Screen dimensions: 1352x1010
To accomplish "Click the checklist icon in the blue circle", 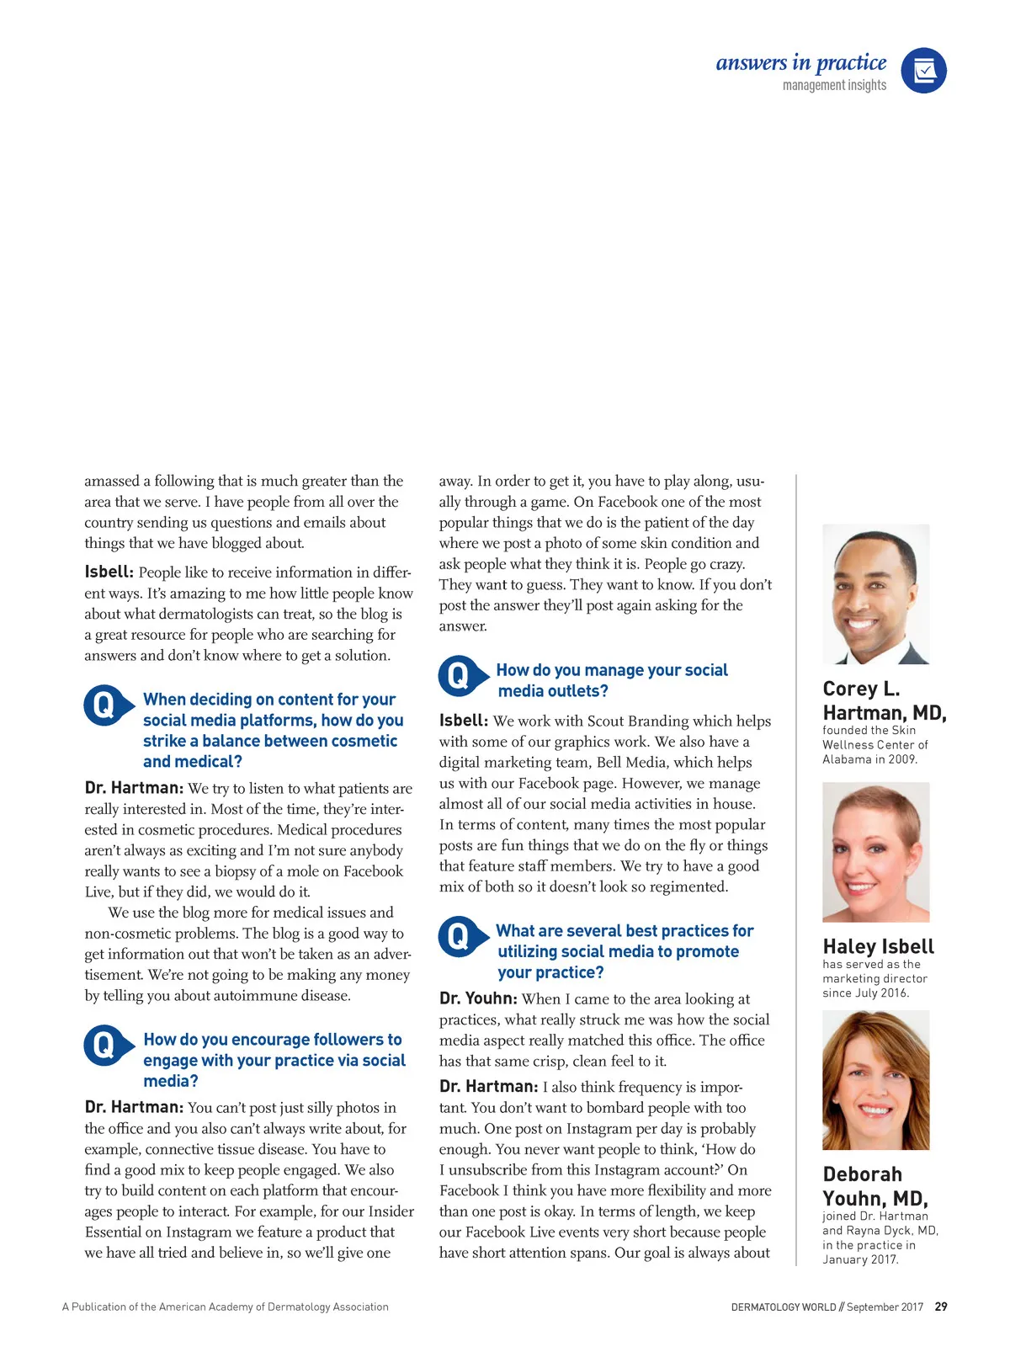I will (923, 70).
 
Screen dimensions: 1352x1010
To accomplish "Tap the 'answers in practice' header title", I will (800, 63).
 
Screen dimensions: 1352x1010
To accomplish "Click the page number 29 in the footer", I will (941, 1307).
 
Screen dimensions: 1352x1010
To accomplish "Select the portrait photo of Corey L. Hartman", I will (875, 594).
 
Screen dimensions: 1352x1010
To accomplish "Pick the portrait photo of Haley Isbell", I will (875, 852).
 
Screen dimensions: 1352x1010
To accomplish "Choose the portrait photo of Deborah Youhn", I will (875, 1080).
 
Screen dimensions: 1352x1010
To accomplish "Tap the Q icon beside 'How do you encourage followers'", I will (104, 1046).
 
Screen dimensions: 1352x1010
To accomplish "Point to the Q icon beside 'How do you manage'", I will (459, 676).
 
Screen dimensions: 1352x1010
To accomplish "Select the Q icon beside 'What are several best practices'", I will (459, 936).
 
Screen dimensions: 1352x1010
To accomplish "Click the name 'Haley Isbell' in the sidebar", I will (878, 946).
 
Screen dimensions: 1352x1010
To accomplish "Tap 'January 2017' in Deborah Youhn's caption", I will (860, 1259).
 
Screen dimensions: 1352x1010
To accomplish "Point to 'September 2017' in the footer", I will (885, 1307).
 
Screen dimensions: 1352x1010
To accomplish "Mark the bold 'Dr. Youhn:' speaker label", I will (477, 998).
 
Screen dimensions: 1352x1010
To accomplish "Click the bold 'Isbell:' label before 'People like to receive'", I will (109, 572).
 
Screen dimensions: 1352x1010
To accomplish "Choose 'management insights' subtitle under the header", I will (834, 85).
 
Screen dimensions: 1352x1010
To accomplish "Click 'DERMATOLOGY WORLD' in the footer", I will (783, 1307).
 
